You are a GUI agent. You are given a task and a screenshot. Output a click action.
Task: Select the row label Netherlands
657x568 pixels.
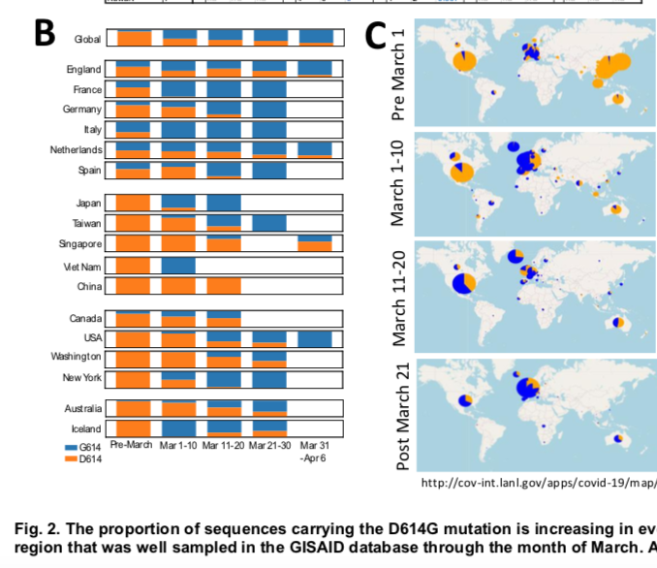(76, 150)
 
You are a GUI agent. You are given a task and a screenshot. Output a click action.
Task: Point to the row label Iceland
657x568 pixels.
(85, 428)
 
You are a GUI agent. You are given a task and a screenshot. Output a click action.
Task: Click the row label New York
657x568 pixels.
(80, 378)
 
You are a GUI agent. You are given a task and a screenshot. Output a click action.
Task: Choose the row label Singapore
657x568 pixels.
(78, 244)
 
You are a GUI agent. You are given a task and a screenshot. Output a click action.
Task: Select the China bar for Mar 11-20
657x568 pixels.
(224, 287)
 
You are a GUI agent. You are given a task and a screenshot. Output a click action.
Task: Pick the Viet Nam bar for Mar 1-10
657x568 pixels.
(178, 266)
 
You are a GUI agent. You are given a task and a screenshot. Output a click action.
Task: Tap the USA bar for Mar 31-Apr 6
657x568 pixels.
(316, 339)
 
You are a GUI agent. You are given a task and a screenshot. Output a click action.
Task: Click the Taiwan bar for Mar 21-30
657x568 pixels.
(270, 223)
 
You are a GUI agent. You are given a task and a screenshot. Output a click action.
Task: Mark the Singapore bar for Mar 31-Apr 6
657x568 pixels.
(316, 244)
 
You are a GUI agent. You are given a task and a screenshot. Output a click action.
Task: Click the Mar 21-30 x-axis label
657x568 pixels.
(270, 446)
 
